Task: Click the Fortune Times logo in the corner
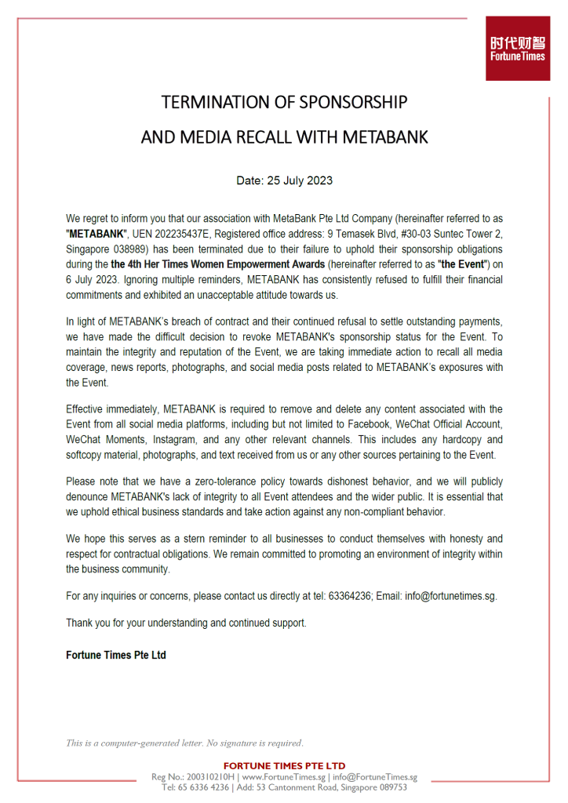tap(517, 48)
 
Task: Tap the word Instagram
tap(175, 439)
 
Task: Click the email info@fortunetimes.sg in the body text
tap(450, 596)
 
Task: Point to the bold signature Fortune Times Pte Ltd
tap(116, 655)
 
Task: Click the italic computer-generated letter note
tap(184, 743)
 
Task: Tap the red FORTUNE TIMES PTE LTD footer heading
tap(284, 765)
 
